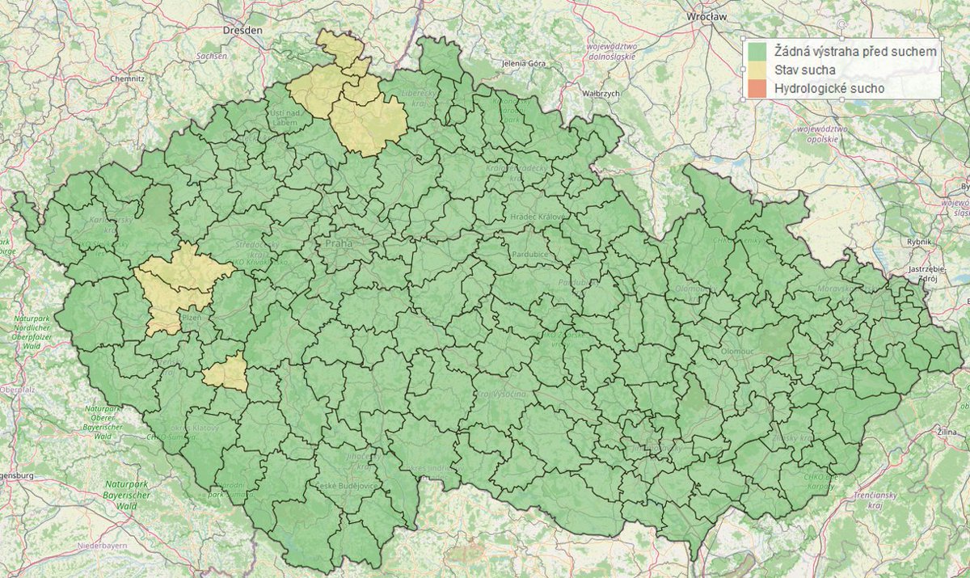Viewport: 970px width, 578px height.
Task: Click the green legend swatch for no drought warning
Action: point(757,51)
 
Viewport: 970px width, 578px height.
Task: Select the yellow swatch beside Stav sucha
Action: point(757,70)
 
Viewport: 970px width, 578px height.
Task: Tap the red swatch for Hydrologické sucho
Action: point(757,87)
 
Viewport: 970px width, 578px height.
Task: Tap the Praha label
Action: point(340,243)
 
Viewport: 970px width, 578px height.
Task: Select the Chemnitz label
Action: point(127,79)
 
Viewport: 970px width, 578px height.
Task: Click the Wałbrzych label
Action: point(600,94)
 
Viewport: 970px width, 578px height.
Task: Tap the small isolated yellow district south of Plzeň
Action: point(226,373)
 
